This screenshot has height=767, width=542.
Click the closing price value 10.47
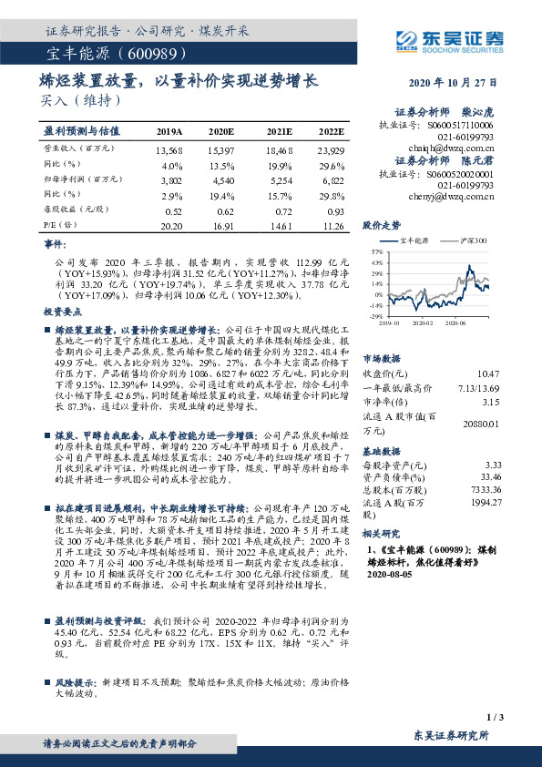click(x=488, y=373)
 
